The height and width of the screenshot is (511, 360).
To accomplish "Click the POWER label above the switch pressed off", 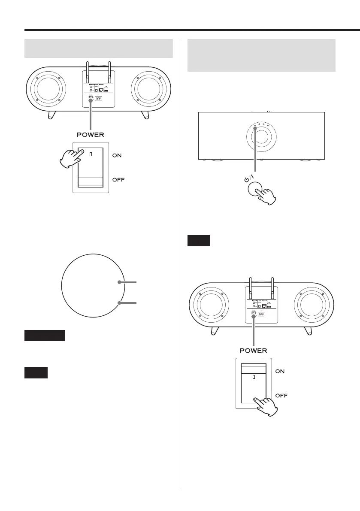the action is coord(253,351).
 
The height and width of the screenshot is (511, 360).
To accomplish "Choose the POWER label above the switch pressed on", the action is coord(90,135).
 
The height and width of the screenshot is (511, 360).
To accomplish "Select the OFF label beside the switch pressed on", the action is coord(118,179).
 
